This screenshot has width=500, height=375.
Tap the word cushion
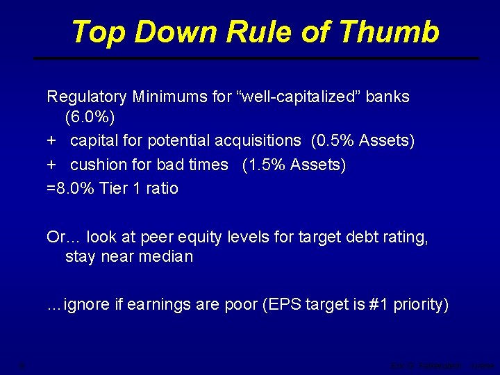pyautogui.click(x=97, y=165)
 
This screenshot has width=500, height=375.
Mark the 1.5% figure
pyautogui.click(x=267, y=165)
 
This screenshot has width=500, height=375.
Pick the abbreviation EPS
pyautogui.click(x=287, y=305)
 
